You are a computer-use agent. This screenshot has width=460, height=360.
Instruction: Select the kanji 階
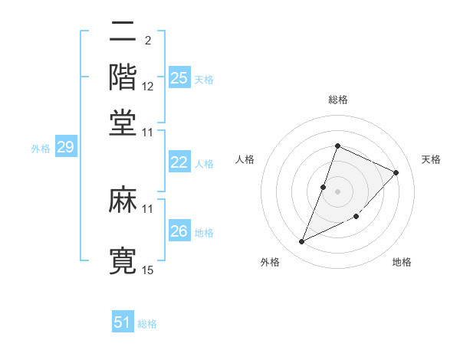click(123, 77)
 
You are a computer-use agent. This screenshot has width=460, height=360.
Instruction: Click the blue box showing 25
click(179, 77)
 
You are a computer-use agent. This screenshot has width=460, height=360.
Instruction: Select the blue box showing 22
click(179, 162)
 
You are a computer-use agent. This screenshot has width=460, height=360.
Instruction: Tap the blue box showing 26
click(179, 231)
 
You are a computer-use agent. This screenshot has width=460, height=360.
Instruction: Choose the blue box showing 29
click(65, 147)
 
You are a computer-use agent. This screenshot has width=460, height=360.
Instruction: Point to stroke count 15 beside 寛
click(148, 270)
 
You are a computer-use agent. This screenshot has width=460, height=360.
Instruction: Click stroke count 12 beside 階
click(148, 87)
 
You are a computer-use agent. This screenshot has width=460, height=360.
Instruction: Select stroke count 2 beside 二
click(148, 40)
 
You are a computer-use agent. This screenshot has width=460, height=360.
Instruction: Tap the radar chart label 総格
click(337, 100)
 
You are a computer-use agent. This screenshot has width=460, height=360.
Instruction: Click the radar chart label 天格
click(431, 159)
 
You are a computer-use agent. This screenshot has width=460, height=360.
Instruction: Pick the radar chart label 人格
click(245, 159)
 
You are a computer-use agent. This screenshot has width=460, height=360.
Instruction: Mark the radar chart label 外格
click(270, 262)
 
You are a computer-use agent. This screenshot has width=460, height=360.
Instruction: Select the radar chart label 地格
click(402, 262)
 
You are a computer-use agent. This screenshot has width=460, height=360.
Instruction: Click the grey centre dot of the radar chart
click(337, 191)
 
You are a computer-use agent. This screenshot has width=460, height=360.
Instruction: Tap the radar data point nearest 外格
click(302, 242)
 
